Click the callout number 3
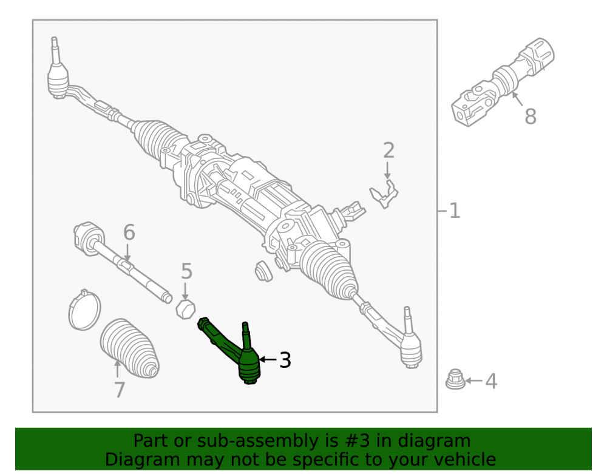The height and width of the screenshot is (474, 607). click(x=285, y=361)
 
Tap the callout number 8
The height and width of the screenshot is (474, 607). click(x=531, y=116)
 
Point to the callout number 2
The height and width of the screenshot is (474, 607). click(x=388, y=151)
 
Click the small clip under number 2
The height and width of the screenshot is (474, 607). click(x=384, y=194)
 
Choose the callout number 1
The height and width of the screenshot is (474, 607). click(x=455, y=211)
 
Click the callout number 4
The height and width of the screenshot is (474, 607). click(x=491, y=382)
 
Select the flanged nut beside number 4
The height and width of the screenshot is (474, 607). click(x=455, y=379)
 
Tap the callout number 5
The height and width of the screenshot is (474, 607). click(x=186, y=271)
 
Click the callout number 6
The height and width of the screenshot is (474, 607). click(x=129, y=232)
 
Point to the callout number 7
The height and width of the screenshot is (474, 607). click(x=120, y=390)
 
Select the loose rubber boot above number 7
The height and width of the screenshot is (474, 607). click(x=130, y=348)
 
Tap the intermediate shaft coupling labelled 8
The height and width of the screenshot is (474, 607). click(x=503, y=83)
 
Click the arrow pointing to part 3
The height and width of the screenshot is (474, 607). click(x=268, y=360)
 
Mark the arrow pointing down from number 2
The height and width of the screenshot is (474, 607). click(x=387, y=171)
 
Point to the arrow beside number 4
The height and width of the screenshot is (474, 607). click(x=473, y=381)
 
